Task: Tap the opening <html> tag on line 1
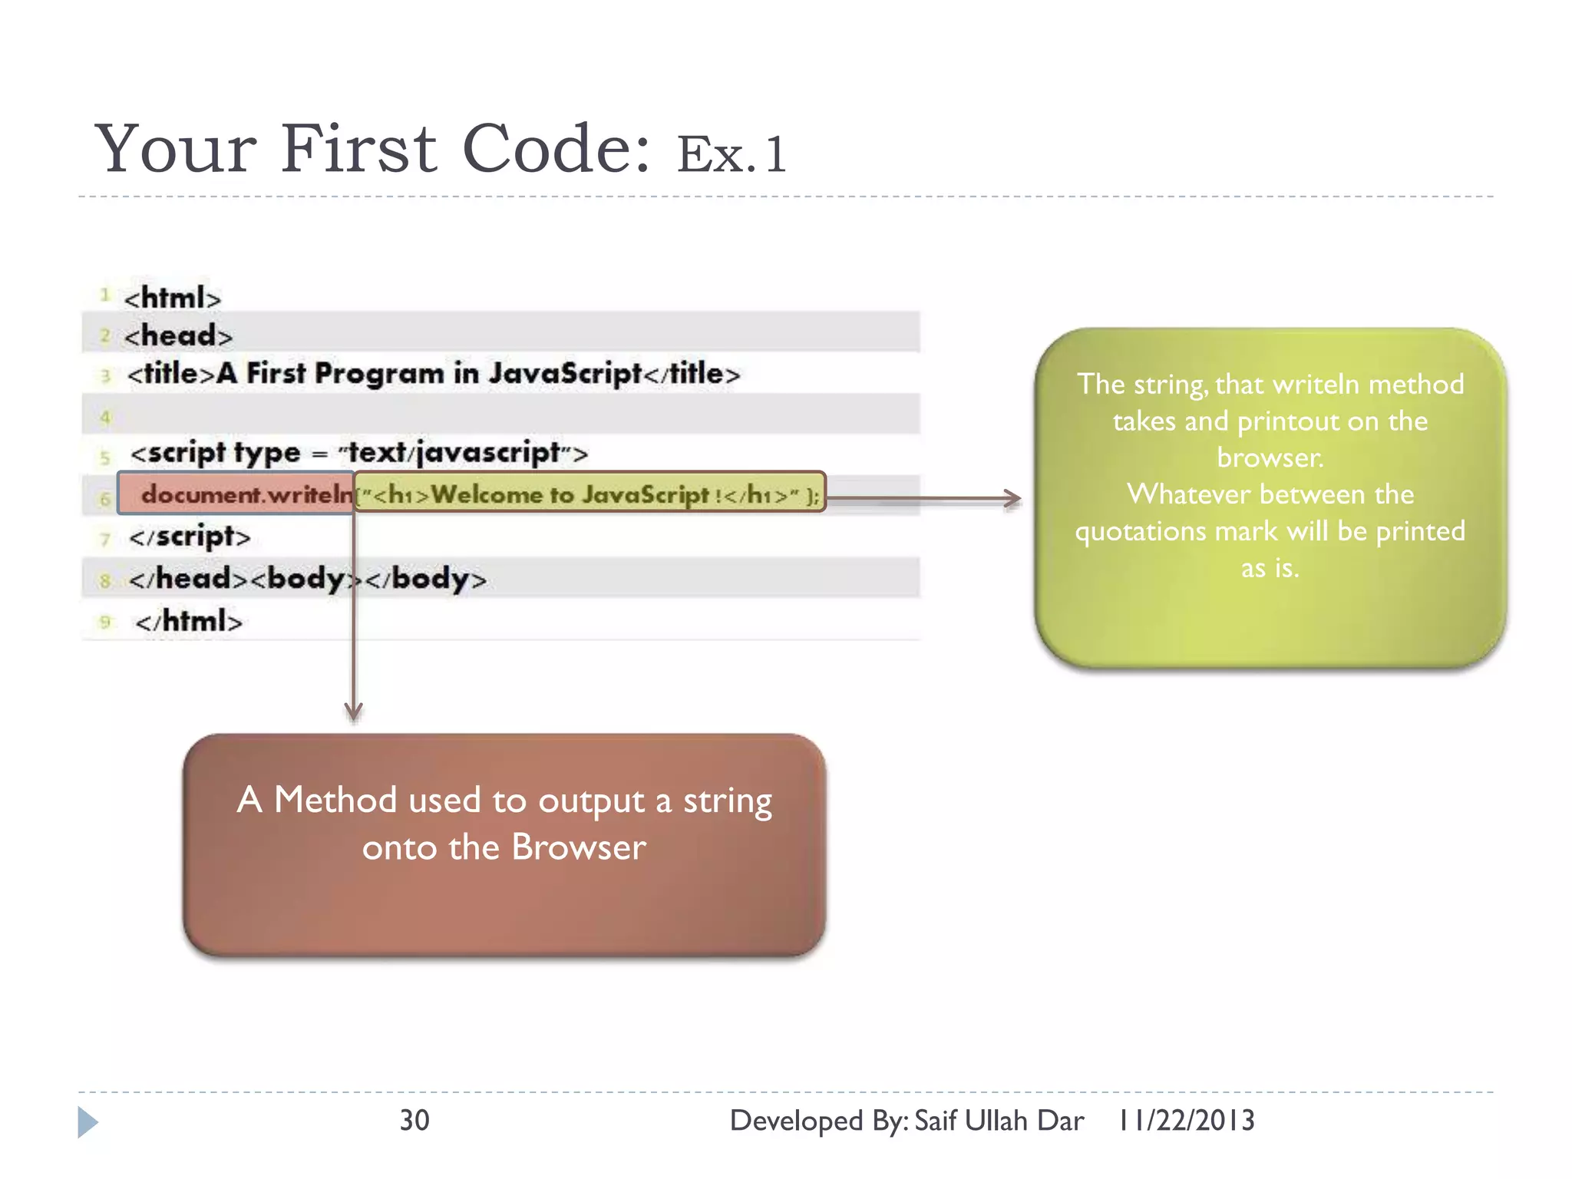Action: coord(173,298)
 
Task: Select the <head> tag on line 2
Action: coord(178,335)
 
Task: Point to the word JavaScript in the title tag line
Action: coord(565,373)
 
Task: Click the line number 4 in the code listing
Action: coord(105,418)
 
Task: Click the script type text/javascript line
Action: coord(358,453)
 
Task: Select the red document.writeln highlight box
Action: coord(236,494)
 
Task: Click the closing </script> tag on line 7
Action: coord(190,536)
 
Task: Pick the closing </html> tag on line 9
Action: coord(189,621)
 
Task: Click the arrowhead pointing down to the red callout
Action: coord(354,712)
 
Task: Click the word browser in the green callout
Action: coord(1270,457)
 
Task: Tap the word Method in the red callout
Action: coord(335,800)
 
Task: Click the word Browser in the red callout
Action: coord(579,847)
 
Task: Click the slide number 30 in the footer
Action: coord(414,1121)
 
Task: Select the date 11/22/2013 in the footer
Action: coord(1187,1121)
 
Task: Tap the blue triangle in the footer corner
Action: coord(87,1122)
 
